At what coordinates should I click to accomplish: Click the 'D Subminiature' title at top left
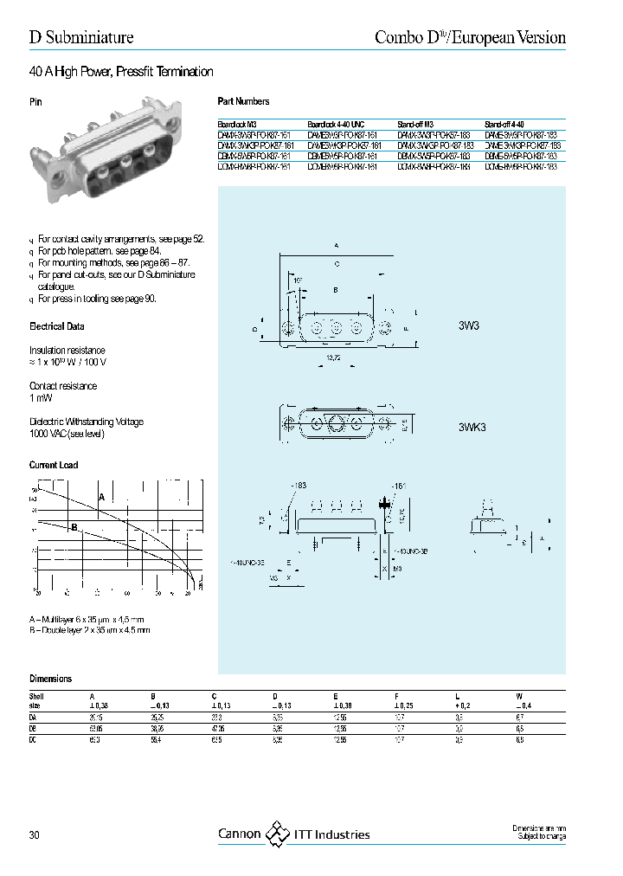tap(81, 37)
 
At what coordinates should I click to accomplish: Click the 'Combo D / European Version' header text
tap(470, 37)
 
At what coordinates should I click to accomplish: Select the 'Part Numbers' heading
tap(243, 101)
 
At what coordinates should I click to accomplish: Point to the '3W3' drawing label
tap(470, 328)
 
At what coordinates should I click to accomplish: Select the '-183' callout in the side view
tap(298, 486)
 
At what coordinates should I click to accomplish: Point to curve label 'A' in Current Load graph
tap(101, 498)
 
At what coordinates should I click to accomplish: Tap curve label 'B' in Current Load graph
tap(74, 527)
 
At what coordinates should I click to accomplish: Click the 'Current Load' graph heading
tap(54, 465)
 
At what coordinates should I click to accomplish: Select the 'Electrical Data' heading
tap(57, 327)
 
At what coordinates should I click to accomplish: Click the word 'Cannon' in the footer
tap(239, 834)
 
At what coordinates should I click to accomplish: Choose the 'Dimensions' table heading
tap(51, 679)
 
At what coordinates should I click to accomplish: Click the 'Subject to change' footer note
tap(540, 838)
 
